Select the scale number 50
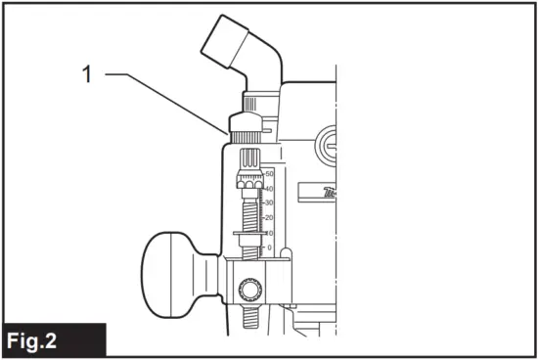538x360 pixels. point(268,173)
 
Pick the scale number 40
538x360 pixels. point(268,188)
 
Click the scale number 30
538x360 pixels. point(268,202)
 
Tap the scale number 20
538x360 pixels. point(268,217)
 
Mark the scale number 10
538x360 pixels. point(269,233)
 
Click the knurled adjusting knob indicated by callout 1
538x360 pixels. point(246,125)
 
